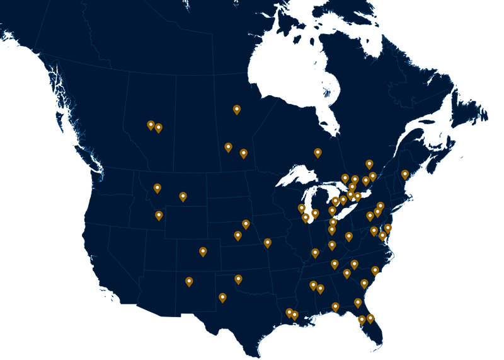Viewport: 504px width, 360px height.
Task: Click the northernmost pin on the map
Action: pos(237,110)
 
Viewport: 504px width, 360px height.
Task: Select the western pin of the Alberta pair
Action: pos(151,125)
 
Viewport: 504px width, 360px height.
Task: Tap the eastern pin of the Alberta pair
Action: pos(158,128)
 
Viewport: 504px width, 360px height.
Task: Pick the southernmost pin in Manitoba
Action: pos(243,153)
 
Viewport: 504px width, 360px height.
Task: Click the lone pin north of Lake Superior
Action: pos(318,153)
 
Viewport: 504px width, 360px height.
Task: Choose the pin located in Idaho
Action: pos(159,216)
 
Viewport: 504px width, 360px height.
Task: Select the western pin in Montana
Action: pos(157,188)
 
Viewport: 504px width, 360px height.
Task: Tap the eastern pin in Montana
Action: pos(183,197)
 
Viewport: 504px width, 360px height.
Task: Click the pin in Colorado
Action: pos(203,252)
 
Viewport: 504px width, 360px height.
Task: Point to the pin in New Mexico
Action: pos(189,281)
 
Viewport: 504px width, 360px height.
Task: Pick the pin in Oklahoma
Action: pos(238,279)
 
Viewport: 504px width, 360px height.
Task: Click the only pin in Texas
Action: pos(222,298)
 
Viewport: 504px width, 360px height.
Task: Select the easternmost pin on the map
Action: pos(405,174)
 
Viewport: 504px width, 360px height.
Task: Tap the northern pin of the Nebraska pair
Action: pos(246,224)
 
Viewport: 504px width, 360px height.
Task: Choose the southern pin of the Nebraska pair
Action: pos(238,236)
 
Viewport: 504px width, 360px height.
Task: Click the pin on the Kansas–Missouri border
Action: pos(267,243)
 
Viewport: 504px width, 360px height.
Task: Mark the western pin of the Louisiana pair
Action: pos(289,312)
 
